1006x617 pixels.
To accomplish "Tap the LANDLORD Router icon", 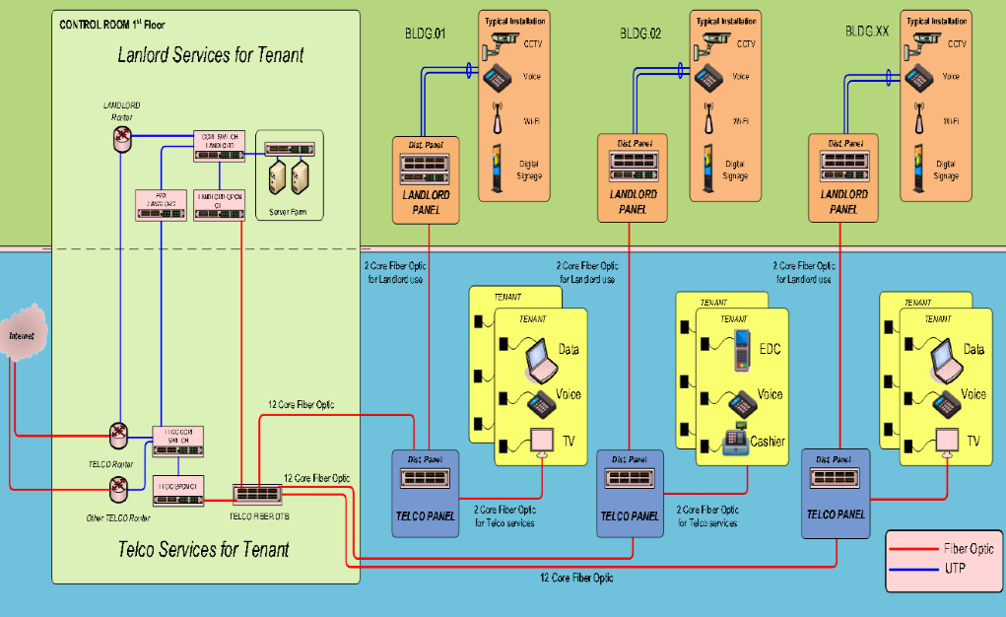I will coord(121,139).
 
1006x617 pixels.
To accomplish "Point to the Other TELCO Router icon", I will coord(119,486).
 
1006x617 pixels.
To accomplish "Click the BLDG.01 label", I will coord(425,33).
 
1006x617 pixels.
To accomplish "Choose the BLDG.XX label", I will coord(867,32).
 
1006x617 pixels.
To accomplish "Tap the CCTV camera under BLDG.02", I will coord(716,41).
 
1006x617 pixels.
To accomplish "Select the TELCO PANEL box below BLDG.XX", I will coord(836,493).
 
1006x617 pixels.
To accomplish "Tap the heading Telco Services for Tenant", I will coord(204,549).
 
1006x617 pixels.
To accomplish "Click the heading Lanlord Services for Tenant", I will coord(211,55).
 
